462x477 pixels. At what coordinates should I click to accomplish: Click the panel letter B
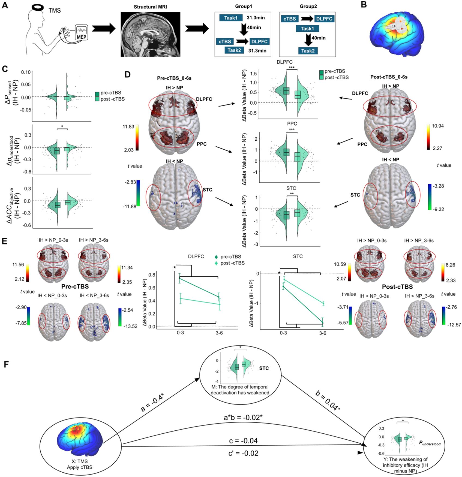click(364, 5)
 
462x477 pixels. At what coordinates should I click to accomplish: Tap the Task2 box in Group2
click(308, 51)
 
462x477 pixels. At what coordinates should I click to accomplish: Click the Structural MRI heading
click(150, 7)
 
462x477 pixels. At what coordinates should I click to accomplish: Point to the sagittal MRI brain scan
click(151, 34)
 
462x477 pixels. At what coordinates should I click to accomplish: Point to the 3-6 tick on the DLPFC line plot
click(219, 333)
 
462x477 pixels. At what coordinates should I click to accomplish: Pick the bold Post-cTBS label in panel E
click(397, 287)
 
